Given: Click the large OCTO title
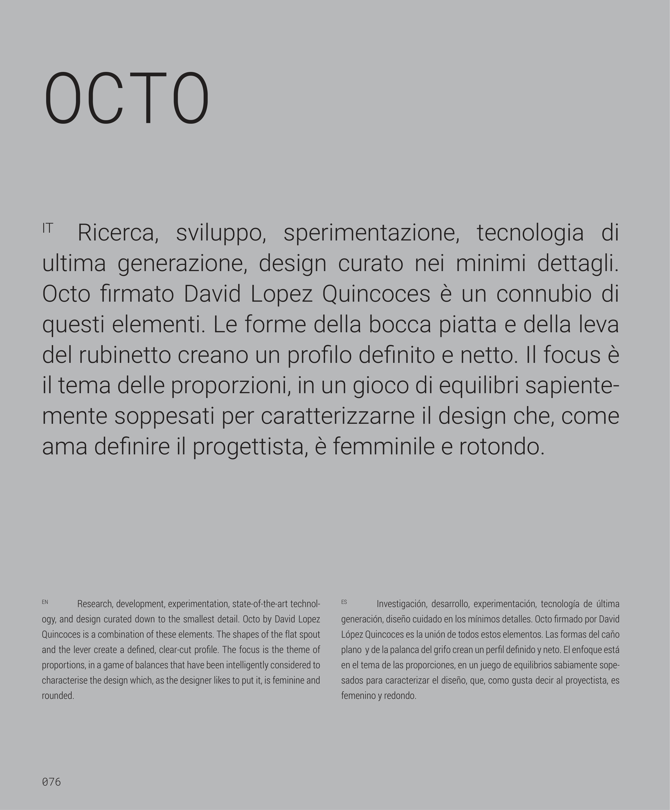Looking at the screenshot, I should pyautogui.click(x=127, y=98).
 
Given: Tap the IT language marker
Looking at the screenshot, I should pyautogui.click(x=47, y=228).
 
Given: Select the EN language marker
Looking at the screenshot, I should pyautogui.click(x=45, y=602).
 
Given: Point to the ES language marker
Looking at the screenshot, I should pyautogui.click(x=344, y=602).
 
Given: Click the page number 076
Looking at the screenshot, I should pyautogui.click(x=51, y=782).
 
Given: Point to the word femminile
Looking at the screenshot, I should pyautogui.click(x=384, y=447).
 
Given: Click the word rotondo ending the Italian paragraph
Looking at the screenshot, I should pyautogui.click(x=502, y=447).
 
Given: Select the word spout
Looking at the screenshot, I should pyautogui.click(x=310, y=634).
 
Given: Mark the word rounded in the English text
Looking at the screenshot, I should pyautogui.click(x=58, y=696).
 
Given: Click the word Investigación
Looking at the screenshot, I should pyautogui.click(x=402, y=604).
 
